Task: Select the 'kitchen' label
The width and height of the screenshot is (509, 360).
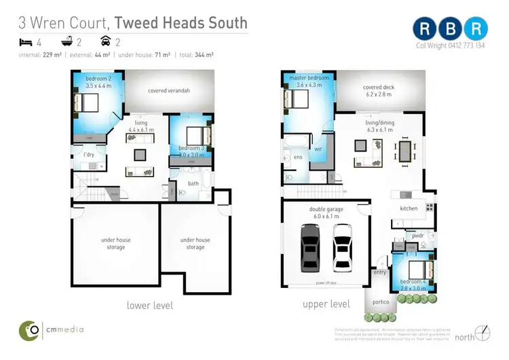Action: tap(409, 208)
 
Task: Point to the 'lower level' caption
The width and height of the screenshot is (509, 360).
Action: tap(149, 305)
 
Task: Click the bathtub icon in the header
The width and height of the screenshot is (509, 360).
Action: tap(68, 42)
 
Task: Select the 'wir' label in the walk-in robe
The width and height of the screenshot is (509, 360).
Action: tap(316, 149)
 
